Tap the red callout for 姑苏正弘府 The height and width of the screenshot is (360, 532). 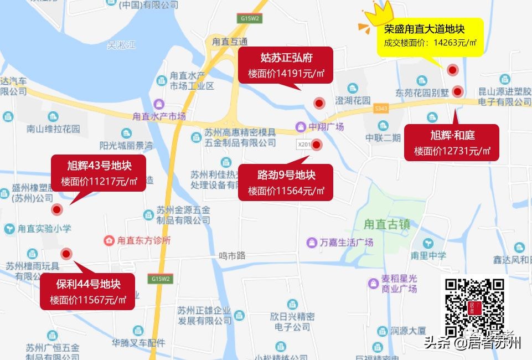point(286,65)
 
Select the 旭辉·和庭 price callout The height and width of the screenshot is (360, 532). point(452,142)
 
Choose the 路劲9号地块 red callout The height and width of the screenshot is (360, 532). point(286,182)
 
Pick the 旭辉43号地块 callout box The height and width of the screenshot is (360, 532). point(99,173)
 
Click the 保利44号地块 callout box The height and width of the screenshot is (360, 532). point(87,291)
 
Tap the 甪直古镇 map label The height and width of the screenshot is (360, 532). point(387,225)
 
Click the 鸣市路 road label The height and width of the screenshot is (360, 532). point(232,256)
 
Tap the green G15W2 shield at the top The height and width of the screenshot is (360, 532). point(250,18)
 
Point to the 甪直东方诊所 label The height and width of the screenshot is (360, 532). point(144,241)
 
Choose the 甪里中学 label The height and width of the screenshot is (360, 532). point(428,256)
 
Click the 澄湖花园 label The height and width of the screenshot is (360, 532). point(353,100)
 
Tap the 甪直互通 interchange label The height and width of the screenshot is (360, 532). point(230,42)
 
